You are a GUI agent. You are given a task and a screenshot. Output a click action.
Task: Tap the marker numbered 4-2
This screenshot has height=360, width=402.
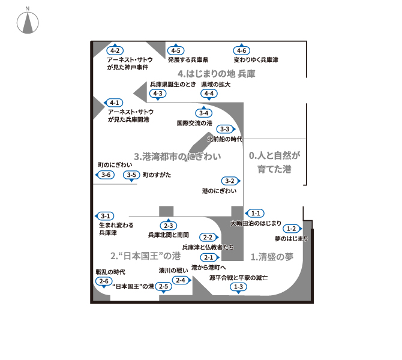click(115, 50)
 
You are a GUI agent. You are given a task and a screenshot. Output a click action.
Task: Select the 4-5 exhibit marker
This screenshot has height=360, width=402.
click(176, 50)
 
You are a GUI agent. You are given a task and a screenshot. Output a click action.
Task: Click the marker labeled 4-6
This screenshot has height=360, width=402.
click(242, 50)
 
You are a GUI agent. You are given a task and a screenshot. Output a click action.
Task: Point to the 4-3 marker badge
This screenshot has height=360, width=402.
click(158, 94)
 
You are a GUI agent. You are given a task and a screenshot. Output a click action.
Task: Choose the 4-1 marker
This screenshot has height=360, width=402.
click(113, 103)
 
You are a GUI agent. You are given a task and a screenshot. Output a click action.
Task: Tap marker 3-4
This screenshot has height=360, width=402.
click(204, 112)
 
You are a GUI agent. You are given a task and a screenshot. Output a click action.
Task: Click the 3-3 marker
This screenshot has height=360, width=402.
click(226, 129)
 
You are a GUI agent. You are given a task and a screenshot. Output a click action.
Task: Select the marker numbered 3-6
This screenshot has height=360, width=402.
click(105, 175)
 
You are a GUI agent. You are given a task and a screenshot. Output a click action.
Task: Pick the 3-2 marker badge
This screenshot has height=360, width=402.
click(231, 181)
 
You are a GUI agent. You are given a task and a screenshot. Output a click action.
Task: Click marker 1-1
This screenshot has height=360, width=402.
click(254, 213)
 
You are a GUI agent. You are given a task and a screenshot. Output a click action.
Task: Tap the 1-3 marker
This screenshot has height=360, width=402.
click(238, 287)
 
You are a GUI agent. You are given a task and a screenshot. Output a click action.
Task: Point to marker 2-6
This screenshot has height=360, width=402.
click(104, 282)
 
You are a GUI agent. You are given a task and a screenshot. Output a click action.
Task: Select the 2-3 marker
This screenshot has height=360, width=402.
click(169, 224)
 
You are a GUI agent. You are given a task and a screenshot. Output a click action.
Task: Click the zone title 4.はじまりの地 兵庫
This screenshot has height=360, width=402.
click(217, 74)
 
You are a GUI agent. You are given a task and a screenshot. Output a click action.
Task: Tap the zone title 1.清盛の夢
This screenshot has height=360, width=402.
click(272, 257)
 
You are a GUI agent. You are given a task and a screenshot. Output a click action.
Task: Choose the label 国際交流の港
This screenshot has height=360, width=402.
click(194, 123)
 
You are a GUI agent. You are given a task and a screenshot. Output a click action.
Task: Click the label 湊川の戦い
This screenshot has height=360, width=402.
click(173, 270)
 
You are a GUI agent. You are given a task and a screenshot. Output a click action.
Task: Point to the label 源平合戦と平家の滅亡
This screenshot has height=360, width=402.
click(238, 278)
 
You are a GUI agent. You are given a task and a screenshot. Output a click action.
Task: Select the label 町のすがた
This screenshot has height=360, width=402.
click(157, 175)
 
